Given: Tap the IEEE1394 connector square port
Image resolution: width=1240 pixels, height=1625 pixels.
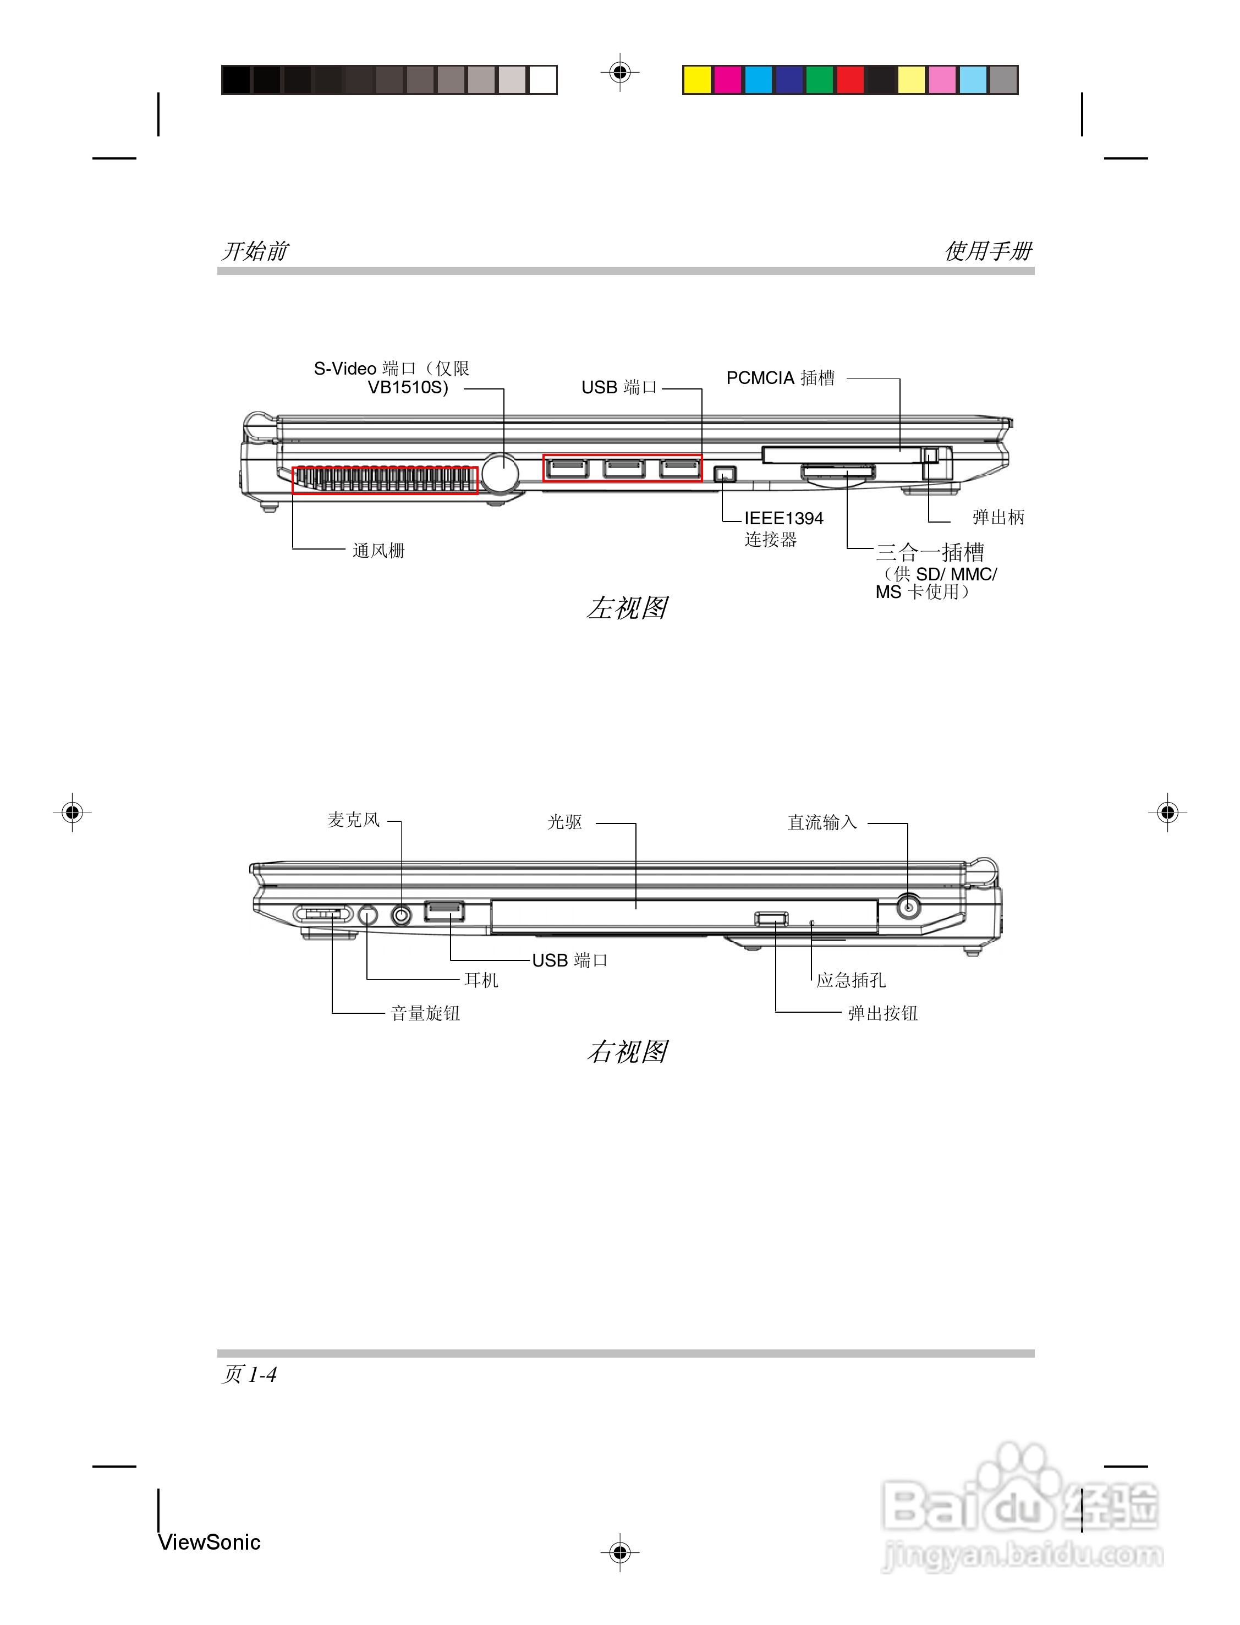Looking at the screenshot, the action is tap(725, 473).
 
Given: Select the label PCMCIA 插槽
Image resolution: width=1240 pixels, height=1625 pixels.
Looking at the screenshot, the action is tap(780, 378).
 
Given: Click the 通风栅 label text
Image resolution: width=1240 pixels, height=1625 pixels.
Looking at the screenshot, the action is tap(378, 551).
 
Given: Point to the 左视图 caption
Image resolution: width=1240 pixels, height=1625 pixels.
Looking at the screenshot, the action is tap(627, 608).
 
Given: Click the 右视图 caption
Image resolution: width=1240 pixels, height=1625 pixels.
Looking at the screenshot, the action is tap(627, 1052).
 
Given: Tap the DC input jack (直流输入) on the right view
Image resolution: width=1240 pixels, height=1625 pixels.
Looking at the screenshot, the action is tap(908, 905).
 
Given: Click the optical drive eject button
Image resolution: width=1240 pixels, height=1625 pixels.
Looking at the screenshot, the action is tap(771, 918).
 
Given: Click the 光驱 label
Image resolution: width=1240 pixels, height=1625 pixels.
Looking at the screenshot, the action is tap(564, 822).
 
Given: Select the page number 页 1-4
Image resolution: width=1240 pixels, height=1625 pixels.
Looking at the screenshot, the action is tap(249, 1374).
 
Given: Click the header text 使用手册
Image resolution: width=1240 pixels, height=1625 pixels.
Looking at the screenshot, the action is tap(987, 251).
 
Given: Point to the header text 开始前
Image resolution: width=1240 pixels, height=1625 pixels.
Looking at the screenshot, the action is tap(255, 251).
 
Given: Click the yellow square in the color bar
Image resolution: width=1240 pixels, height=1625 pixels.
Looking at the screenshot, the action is tap(697, 80).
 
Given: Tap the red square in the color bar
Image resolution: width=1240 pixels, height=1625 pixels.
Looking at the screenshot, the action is tap(849, 80).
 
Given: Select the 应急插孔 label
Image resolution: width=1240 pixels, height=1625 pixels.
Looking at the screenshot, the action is tap(851, 980).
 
